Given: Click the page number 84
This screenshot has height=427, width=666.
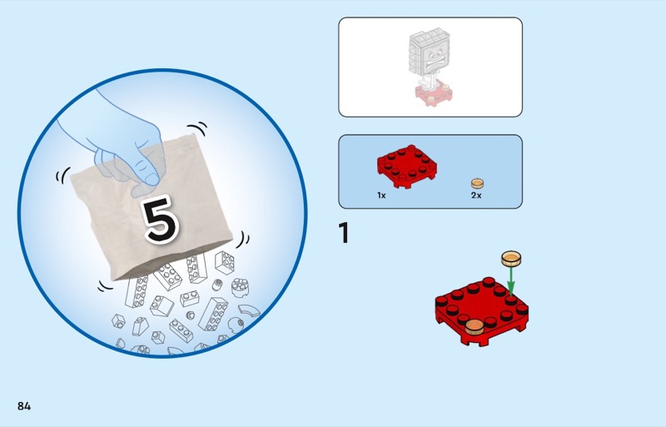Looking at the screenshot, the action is pyautogui.click(x=24, y=406).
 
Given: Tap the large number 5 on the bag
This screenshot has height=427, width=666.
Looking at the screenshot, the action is pyautogui.click(x=161, y=220).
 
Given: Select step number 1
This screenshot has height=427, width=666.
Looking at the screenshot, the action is pyautogui.click(x=344, y=233).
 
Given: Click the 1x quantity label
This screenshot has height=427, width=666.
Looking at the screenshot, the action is pyautogui.click(x=381, y=196).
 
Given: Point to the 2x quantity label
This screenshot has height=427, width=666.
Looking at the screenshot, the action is pyautogui.click(x=476, y=196).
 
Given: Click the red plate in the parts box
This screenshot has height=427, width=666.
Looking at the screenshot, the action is pyautogui.click(x=407, y=166).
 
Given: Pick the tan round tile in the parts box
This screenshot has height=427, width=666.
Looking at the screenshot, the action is pyautogui.click(x=477, y=184).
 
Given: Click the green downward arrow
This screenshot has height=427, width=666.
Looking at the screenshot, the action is pyautogui.click(x=511, y=281).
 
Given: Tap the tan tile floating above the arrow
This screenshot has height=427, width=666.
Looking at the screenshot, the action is pyautogui.click(x=511, y=258).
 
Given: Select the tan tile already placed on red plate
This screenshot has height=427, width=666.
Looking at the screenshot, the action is pyautogui.click(x=474, y=326).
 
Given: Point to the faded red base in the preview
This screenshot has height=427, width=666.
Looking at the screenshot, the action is pyautogui.click(x=433, y=94).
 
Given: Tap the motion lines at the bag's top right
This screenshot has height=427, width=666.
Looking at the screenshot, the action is pyautogui.click(x=197, y=128).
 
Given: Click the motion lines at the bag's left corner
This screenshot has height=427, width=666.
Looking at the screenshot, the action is pyautogui.click(x=63, y=175).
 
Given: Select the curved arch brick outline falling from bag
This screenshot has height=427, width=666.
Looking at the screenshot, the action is pyautogui.click(x=249, y=310).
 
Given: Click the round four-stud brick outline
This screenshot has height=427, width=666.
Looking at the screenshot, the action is pyautogui.click(x=240, y=288).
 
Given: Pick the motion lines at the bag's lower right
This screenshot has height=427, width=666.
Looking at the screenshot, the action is pyautogui.click(x=243, y=240).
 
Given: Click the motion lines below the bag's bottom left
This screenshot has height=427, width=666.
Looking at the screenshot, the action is pyautogui.click(x=105, y=286).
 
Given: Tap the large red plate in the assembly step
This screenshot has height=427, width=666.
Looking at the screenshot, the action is pyautogui.click(x=482, y=311).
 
